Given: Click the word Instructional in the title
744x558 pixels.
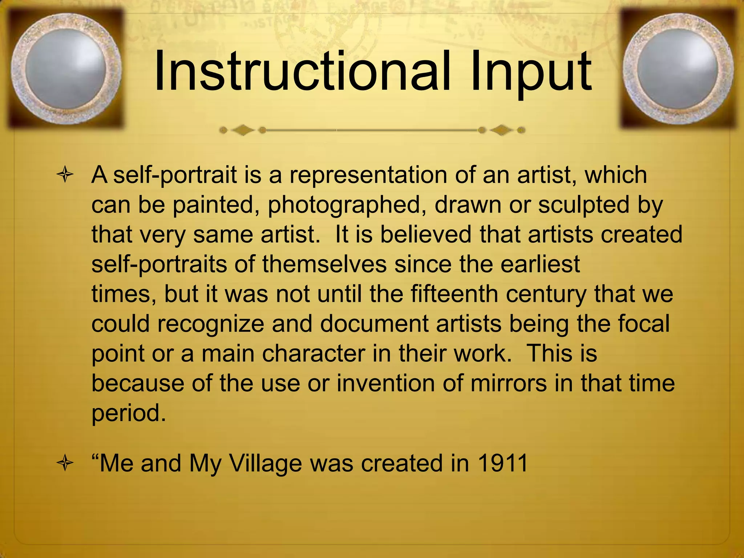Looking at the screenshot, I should pyautogui.click(x=304, y=71).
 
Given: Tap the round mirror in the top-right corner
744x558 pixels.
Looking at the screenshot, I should pyautogui.click(x=678, y=69).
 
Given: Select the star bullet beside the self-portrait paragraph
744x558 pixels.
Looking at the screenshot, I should pyautogui.click(x=65, y=176).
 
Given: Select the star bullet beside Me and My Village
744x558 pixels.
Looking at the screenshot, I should pyautogui.click(x=65, y=464).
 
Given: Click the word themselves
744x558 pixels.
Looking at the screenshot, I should pyautogui.click(x=324, y=264).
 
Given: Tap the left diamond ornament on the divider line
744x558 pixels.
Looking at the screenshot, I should pyautogui.click(x=243, y=130).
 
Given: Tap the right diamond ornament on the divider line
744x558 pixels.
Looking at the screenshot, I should pyautogui.click(x=502, y=130).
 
